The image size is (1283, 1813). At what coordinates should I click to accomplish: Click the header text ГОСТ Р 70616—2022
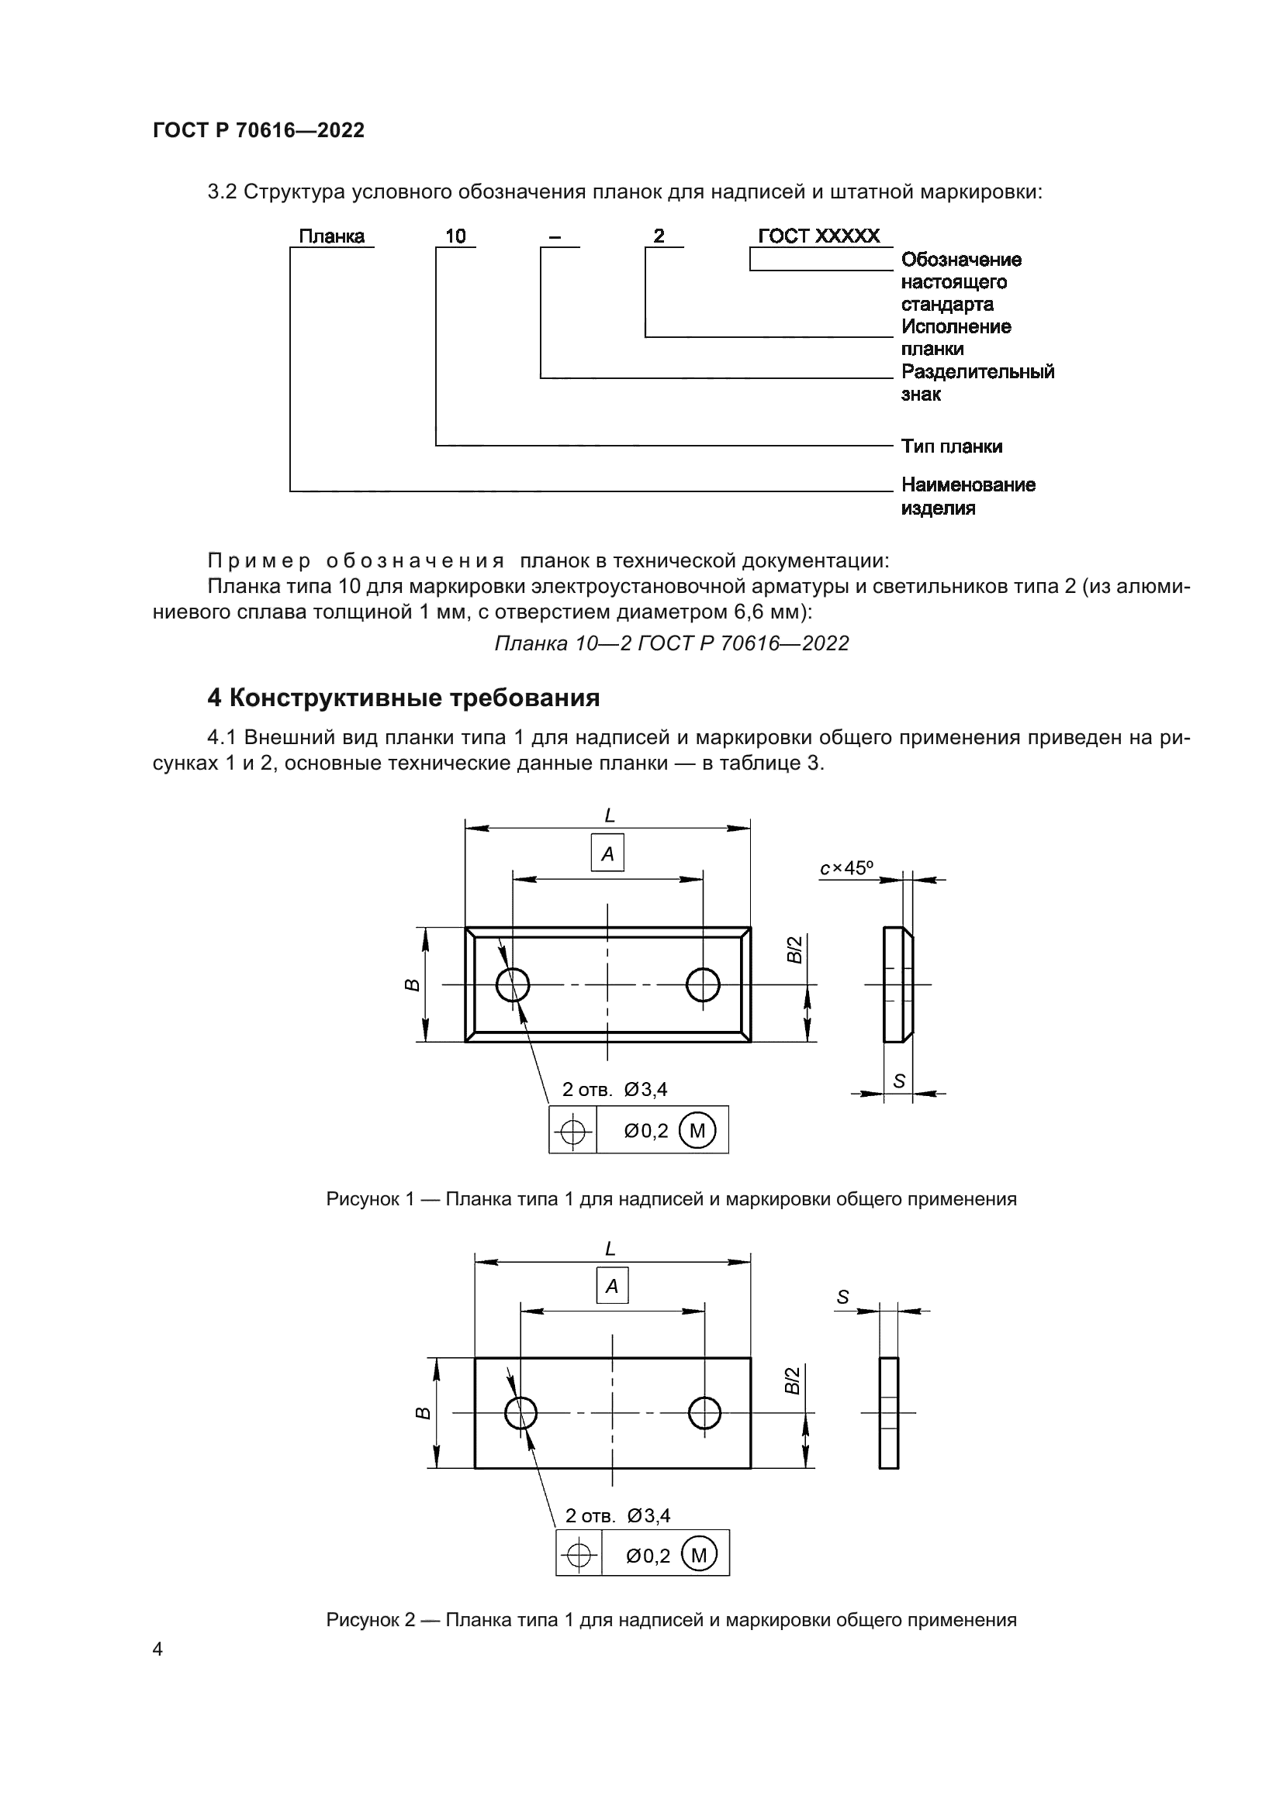tap(258, 130)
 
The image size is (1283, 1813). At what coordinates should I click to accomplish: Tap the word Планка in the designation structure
tap(332, 236)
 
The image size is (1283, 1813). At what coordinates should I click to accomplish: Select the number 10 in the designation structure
tap(456, 236)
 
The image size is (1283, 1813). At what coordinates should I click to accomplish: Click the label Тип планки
tap(951, 446)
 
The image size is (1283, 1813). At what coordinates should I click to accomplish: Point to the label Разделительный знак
tap(977, 382)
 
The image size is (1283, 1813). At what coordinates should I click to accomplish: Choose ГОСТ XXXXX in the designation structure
tap(818, 236)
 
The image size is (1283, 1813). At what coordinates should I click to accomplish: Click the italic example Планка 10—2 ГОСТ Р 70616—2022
tap(672, 643)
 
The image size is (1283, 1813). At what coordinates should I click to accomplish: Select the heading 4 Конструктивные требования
tap(403, 698)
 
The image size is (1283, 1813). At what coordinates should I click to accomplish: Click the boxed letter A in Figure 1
tap(607, 853)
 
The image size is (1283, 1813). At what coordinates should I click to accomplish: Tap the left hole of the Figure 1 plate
tap(513, 984)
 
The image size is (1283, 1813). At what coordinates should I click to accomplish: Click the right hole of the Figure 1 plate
tap(702, 984)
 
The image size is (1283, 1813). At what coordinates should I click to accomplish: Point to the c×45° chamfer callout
tap(846, 869)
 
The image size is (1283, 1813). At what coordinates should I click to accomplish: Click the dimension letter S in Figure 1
tap(899, 1081)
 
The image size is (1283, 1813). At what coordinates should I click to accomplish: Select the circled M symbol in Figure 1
tap(697, 1131)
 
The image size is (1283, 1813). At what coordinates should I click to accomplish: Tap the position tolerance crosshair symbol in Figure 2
tap(579, 1555)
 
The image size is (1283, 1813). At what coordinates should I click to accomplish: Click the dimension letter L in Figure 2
tap(610, 1249)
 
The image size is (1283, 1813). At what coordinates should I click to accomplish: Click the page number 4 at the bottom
tap(157, 1649)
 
